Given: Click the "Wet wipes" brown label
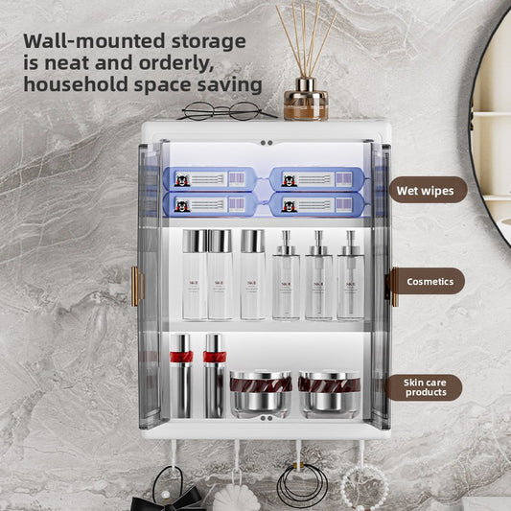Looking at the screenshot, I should (x=425, y=190).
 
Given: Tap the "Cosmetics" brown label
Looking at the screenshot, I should (x=430, y=282).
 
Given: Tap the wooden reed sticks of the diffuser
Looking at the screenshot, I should (x=306, y=38).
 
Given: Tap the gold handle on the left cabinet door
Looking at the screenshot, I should (x=135, y=287).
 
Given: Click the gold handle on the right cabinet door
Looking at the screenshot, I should (x=393, y=286).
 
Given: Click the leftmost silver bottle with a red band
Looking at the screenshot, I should (x=181, y=374).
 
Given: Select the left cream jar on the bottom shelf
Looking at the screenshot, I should (x=261, y=393).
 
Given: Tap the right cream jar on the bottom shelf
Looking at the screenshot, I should (x=329, y=393).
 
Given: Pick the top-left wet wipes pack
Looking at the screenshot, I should (x=208, y=179).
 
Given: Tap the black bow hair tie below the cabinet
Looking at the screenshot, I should (x=174, y=499).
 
